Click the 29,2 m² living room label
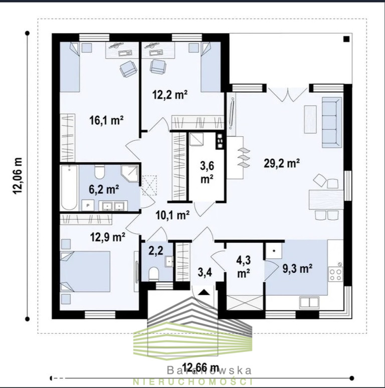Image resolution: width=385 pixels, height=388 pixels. (x=282, y=163)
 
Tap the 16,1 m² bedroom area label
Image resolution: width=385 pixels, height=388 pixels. (x=106, y=120)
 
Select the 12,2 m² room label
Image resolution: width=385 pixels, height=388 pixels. (x=170, y=94)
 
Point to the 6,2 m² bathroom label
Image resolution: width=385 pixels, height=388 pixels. (x=104, y=189)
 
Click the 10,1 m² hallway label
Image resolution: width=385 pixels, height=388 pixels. (x=173, y=215)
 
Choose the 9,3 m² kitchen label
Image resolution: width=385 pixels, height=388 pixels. (x=297, y=268)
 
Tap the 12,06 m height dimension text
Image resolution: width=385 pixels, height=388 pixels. (x=18, y=175)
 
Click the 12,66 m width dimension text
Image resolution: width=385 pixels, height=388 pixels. (x=201, y=368)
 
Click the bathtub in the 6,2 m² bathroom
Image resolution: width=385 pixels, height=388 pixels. (x=69, y=188)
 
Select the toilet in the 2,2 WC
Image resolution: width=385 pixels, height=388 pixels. (x=154, y=274)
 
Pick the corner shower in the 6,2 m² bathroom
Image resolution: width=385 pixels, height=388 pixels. (x=130, y=174)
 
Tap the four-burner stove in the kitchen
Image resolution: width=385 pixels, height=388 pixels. (x=335, y=274)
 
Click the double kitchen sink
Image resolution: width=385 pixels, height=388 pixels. (x=309, y=302)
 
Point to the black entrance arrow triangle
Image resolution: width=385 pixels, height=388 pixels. (x=204, y=292)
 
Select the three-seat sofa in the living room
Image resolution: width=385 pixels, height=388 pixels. (x=332, y=122)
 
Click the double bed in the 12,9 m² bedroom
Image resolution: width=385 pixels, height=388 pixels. (x=85, y=272)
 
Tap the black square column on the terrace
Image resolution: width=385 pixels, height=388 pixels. (x=346, y=39)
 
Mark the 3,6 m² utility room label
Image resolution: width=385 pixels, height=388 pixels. (x=207, y=172)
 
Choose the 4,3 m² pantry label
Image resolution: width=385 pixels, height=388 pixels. (x=244, y=267)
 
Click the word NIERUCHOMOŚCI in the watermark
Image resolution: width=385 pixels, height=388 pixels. (x=192, y=381)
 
